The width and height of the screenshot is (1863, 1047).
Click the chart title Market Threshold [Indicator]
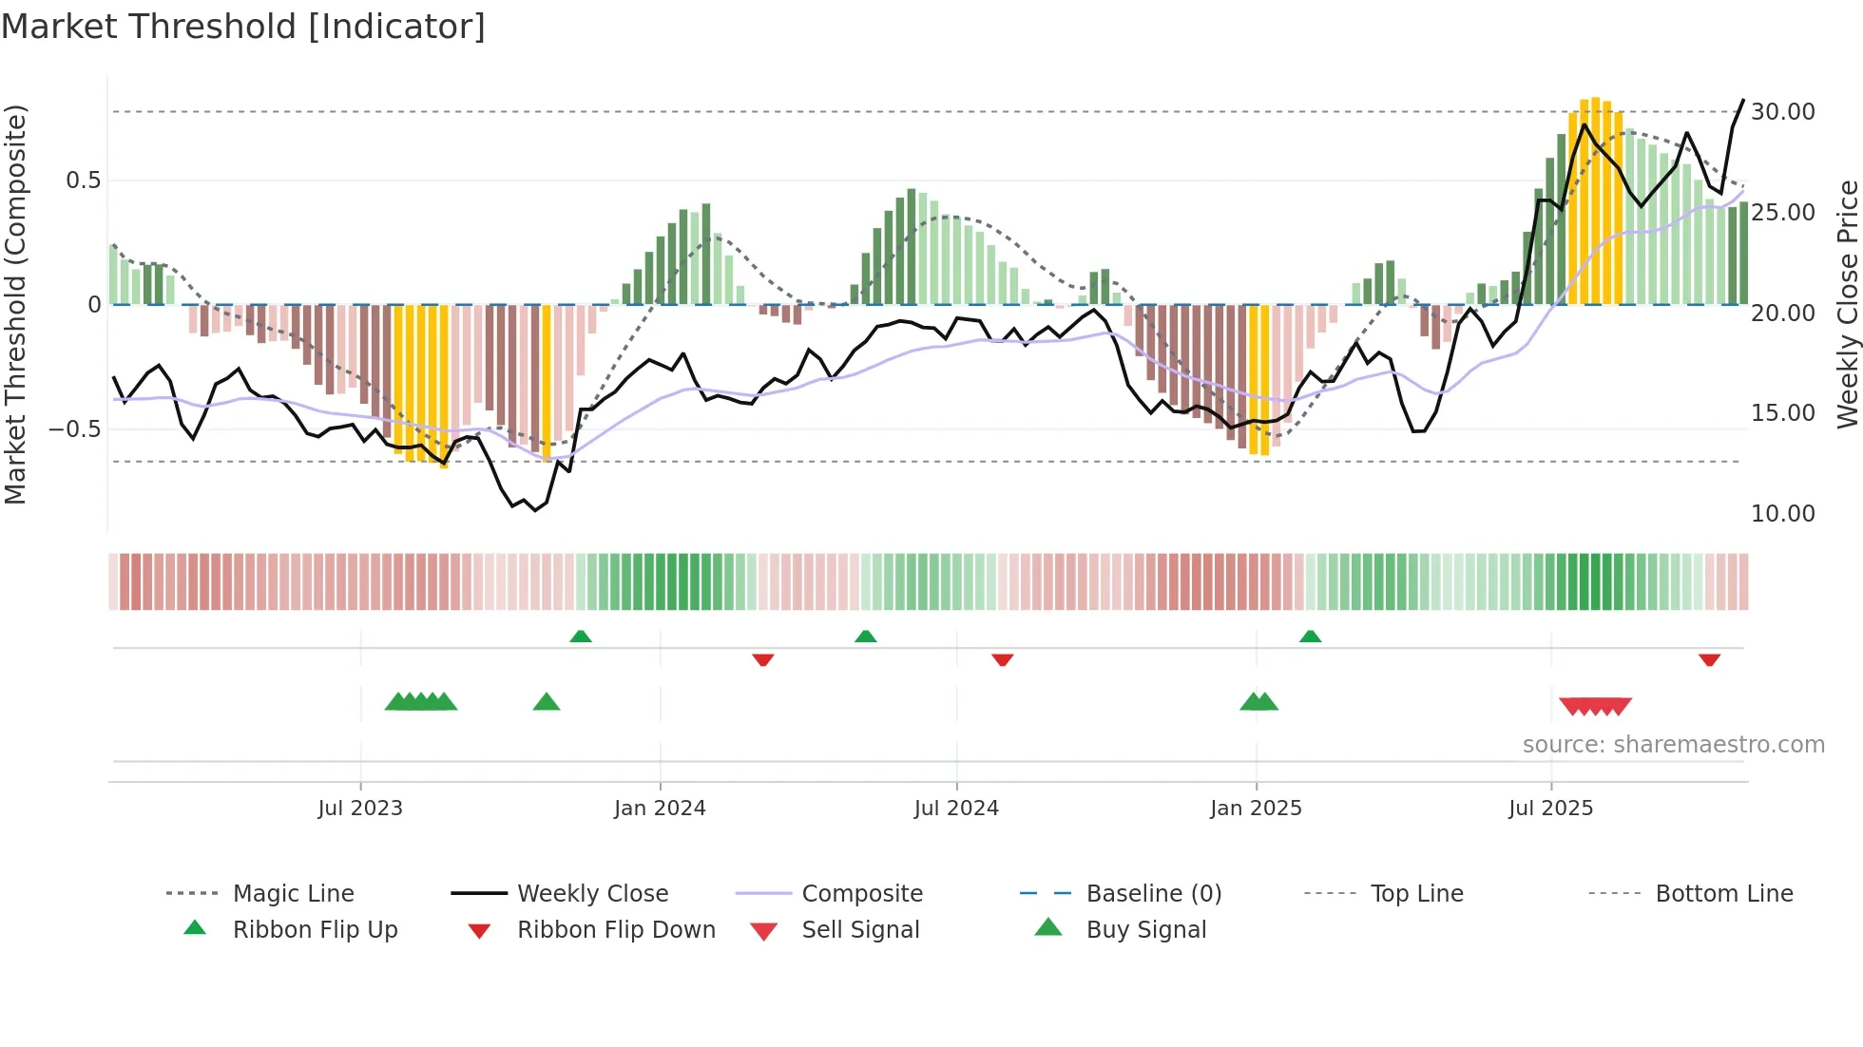(x=243, y=27)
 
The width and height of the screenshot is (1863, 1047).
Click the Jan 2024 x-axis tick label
(x=660, y=809)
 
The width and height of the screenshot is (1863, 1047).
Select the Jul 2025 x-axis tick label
(x=1550, y=809)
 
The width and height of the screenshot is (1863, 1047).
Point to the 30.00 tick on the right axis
(x=1782, y=112)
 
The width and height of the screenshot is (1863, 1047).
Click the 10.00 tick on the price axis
(x=1782, y=514)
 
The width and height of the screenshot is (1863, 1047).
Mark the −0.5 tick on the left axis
(x=75, y=429)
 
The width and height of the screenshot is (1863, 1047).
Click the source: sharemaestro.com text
(x=1673, y=745)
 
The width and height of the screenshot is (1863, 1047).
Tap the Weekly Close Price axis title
(x=1847, y=304)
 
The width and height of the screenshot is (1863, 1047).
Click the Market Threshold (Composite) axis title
(x=15, y=304)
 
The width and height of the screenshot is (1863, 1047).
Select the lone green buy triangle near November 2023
(x=547, y=702)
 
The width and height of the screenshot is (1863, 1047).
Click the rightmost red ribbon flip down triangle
(x=1709, y=659)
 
